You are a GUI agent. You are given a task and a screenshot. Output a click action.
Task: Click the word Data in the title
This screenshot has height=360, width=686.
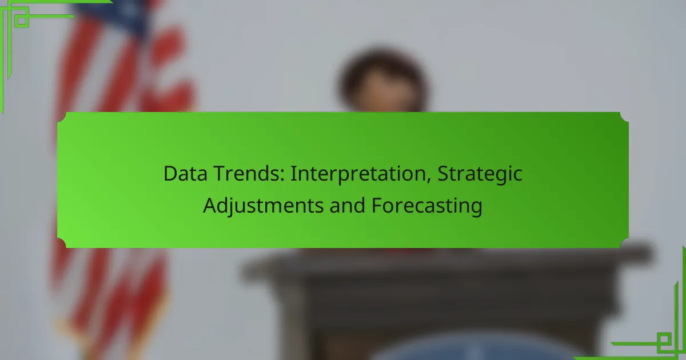[185, 174]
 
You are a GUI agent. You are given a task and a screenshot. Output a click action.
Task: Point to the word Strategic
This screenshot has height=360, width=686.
[480, 175]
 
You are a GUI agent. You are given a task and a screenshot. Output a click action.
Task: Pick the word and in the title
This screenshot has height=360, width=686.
[348, 205]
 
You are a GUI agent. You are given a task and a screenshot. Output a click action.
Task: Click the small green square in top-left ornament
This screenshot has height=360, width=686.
[22, 20]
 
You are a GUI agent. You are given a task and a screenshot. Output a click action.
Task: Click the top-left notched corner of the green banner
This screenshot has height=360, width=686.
[62, 117]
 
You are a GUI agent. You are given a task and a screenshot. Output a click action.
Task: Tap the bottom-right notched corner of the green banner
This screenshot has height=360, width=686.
[624, 243]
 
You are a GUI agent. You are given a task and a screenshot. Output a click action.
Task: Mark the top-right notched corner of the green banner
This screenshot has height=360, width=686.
[624, 117]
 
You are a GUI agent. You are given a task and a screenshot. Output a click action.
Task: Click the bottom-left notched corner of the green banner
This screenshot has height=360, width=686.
[62, 243]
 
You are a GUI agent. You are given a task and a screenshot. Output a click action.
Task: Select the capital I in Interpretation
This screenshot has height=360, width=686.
[293, 174]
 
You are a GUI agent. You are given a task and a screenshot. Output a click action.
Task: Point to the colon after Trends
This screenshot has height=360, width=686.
[282, 176]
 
